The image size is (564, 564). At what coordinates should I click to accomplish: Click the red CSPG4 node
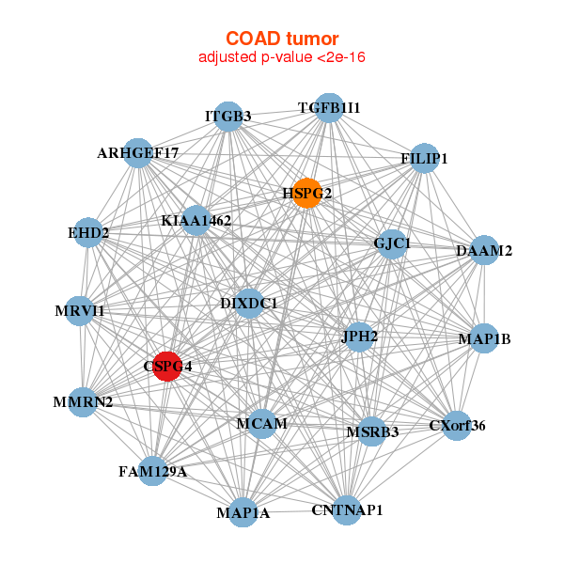166,367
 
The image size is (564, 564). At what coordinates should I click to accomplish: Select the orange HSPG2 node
306,193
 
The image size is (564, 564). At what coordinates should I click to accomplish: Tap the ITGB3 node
228,116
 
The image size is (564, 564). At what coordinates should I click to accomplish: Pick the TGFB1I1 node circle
328,108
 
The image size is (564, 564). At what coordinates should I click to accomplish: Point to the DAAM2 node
483,250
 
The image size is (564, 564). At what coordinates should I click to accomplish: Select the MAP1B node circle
483,338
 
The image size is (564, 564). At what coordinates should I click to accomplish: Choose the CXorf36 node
456,426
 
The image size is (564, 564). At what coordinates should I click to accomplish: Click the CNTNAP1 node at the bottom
347,509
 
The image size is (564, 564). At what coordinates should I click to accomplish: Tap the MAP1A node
243,512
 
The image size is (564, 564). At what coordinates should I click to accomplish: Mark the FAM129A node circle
153,470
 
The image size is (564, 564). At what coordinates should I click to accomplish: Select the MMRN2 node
84,401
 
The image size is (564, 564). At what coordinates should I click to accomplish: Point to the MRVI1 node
80,310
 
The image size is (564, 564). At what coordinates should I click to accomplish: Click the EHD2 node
87,232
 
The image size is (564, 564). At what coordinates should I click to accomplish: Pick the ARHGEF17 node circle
137,152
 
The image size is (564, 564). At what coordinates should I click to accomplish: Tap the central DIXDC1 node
248,304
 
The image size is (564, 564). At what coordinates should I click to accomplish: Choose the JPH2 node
359,336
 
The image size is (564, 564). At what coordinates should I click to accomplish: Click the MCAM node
262,424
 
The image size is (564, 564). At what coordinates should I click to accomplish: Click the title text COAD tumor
282,39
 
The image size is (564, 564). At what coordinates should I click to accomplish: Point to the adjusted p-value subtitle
282,57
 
